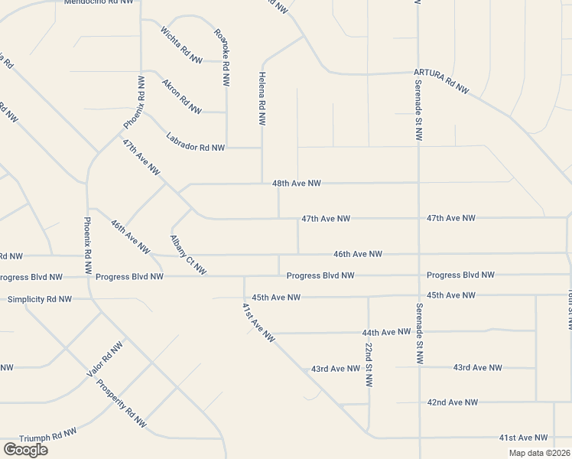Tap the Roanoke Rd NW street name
[222, 57]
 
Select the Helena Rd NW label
[262, 99]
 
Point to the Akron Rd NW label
[181, 96]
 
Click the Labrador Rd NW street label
[196, 142]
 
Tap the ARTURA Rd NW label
[441, 81]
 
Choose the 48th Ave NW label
[296, 184]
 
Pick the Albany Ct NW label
[188, 255]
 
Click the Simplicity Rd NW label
[40, 299]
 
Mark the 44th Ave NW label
[386, 333]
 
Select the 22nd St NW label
[369, 364]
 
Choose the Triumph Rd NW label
[48, 435]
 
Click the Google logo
[25, 450]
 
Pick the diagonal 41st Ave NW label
[258, 322]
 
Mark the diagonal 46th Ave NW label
[129, 236]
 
